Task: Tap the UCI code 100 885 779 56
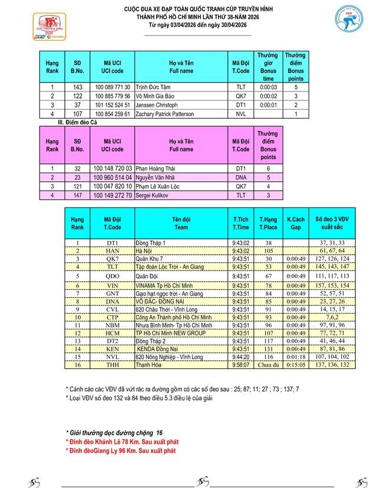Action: point(112,95)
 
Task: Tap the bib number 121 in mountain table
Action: point(77,186)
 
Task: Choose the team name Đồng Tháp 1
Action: point(151,242)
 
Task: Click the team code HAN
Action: point(113,250)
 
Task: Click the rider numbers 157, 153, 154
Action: point(332,285)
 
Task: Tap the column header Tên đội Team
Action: point(181,223)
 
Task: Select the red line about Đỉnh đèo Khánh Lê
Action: point(122,441)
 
